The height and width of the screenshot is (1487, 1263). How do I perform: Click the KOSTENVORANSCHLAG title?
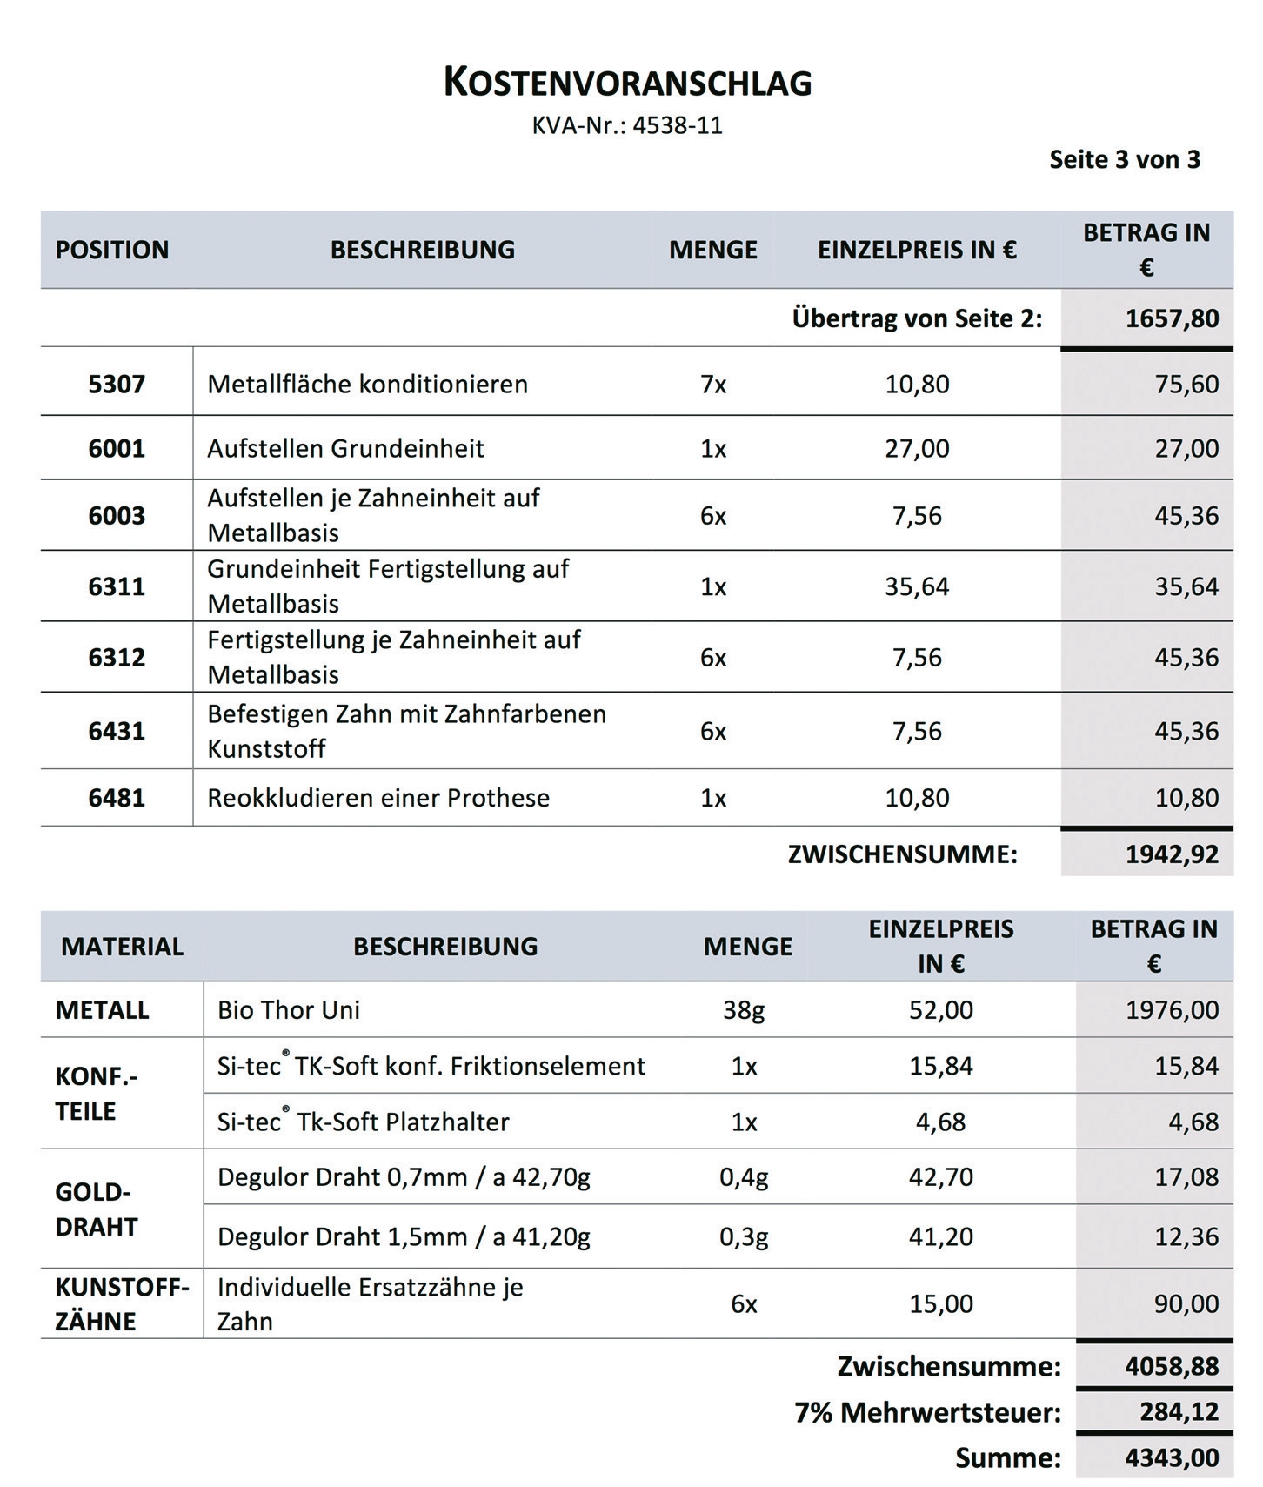coord(627,83)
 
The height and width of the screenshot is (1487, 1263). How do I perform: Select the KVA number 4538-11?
coord(677,126)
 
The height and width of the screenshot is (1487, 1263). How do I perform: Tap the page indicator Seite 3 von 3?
coord(1124,160)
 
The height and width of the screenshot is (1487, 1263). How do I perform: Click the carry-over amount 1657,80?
coord(1172,318)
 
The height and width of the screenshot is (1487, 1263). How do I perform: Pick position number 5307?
coord(117,384)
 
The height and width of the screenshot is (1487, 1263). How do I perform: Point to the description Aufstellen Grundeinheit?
coord(345,449)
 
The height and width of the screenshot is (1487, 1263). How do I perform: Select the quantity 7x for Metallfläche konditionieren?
coord(713,384)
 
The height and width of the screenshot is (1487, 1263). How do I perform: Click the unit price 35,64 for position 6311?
coord(917,586)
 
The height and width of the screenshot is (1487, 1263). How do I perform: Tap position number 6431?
coord(117,731)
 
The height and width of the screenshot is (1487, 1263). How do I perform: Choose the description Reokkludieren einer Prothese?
coord(378,798)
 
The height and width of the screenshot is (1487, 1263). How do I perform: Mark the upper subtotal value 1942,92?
coord(1172,854)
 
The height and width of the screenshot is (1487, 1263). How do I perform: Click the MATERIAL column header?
coord(122,947)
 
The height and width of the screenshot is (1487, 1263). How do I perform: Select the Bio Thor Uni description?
coord(289,1010)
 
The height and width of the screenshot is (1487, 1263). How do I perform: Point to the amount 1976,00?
coord(1172,1010)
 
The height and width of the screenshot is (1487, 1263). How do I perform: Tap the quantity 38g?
coord(744,1010)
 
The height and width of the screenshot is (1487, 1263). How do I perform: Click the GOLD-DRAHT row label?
coord(96,1209)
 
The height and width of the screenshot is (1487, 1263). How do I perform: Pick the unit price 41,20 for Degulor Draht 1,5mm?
coord(940,1236)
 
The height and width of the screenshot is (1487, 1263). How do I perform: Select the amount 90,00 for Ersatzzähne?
coord(1186,1303)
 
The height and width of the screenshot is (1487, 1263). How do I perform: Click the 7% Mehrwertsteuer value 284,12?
coord(1179,1411)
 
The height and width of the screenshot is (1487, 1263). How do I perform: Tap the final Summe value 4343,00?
coord(1172,1457)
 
